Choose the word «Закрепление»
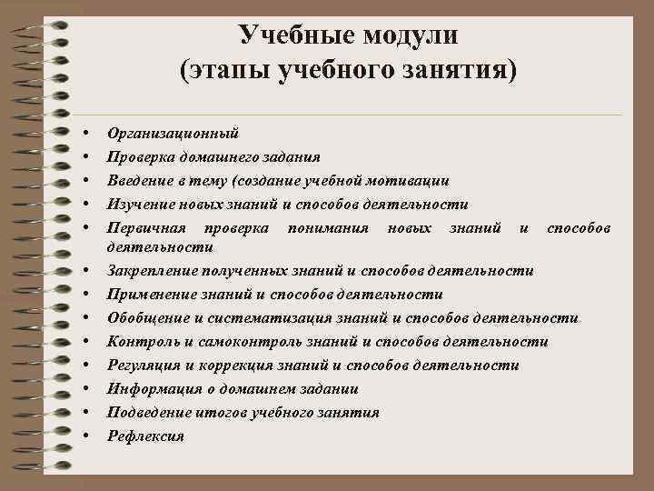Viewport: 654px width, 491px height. pyautogui.click(x=152, y=270)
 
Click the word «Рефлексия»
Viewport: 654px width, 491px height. pyautogui.click(x=145, y=436)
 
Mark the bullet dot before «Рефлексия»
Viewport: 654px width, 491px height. pyautogui.click(x=84, y=436)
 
